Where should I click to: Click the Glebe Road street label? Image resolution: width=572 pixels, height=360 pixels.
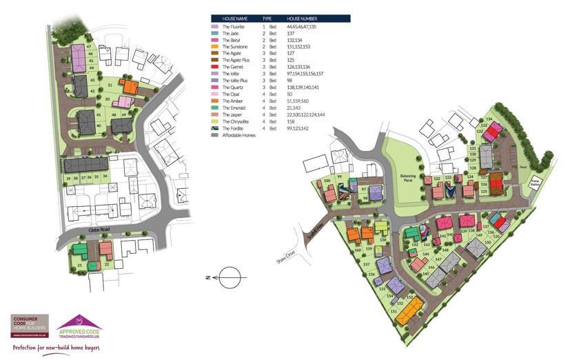coord(100,231)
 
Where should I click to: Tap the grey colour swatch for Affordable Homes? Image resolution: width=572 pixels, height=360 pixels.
coord(215,134)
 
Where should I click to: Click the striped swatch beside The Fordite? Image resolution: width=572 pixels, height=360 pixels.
coord(215,128)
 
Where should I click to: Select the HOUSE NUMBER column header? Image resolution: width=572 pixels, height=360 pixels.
coord(302,19)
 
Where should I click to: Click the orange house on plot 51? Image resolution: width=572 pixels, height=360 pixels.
coord(128,86)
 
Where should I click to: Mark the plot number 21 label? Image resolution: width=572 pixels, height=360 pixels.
coord(79,265)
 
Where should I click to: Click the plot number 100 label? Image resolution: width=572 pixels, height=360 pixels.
coord(327,181)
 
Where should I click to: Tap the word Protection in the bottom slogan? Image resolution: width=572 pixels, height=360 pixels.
coord(26,348)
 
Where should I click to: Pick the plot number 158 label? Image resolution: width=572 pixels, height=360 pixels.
coord(382,240)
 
